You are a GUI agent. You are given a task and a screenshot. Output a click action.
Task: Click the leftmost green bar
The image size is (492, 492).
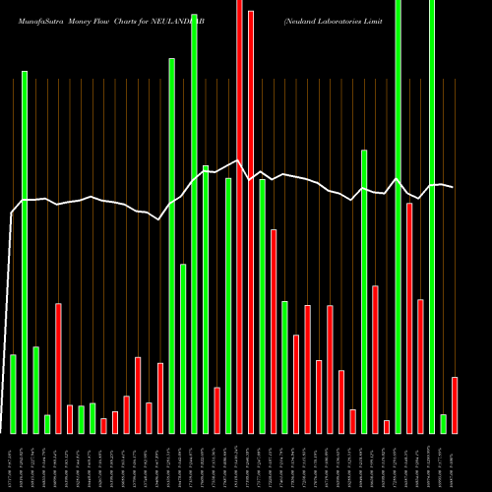tap(13, 394)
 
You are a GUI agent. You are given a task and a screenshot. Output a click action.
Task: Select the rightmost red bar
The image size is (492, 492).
tap(455, 404)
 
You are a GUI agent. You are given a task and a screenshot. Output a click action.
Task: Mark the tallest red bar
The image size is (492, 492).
tap(239, 216)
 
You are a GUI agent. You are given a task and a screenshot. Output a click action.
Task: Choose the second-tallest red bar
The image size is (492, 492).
tap(251, 221)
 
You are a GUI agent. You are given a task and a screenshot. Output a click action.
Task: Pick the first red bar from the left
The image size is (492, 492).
tap(58, 368)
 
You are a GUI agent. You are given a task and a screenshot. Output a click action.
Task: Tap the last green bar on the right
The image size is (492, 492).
tap(444, 423)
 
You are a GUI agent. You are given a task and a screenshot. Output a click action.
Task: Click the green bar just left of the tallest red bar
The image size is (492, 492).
tap(228, 305)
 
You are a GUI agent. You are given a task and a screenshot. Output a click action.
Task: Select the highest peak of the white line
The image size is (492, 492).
tap(239, 160)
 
